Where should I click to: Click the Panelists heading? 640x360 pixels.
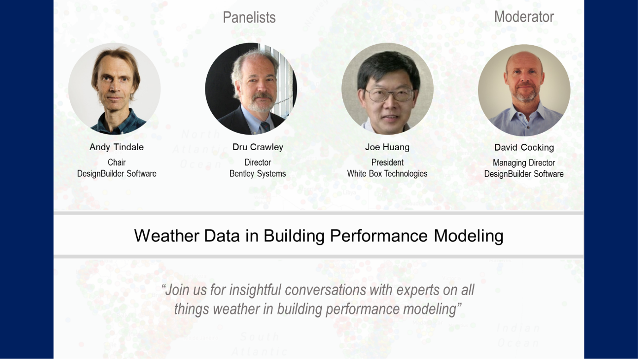249,18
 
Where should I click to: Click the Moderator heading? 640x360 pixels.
524,17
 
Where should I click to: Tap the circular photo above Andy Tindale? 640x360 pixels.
114,89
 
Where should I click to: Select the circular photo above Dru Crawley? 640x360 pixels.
251,89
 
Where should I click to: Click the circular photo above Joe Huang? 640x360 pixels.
388,89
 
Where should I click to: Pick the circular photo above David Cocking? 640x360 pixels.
524,90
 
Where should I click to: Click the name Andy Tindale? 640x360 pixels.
117,147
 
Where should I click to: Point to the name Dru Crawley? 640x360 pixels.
258,147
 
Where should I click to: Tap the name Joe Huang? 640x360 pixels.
388,147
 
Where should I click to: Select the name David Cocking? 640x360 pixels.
524,147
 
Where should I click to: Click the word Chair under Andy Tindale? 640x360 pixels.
117,163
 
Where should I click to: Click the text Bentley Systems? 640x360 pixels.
258,174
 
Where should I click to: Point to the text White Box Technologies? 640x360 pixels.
387,174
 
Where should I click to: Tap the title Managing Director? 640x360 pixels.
524,163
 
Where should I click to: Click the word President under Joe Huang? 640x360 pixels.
388,163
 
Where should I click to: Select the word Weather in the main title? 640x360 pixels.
167,236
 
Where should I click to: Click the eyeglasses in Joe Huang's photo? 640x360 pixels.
390,94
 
